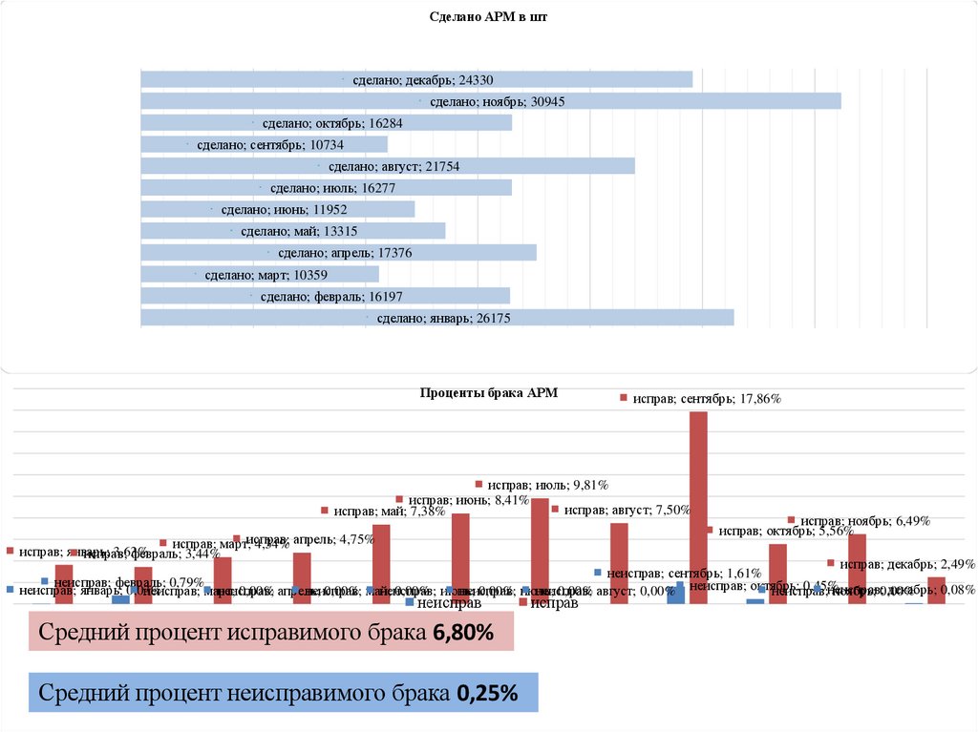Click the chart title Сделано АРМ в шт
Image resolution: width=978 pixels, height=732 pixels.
pos(489,17)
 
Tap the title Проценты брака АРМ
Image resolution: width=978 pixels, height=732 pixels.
pos(488,392)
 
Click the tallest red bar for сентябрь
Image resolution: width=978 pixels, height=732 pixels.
pos(698,506)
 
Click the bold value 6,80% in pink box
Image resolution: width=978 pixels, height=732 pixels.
pos(462,632)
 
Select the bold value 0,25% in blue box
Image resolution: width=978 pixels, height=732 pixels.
pos(487,694)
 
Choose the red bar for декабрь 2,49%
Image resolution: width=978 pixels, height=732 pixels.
pos(936,590)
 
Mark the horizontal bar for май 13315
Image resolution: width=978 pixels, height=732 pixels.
pos(382,231)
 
